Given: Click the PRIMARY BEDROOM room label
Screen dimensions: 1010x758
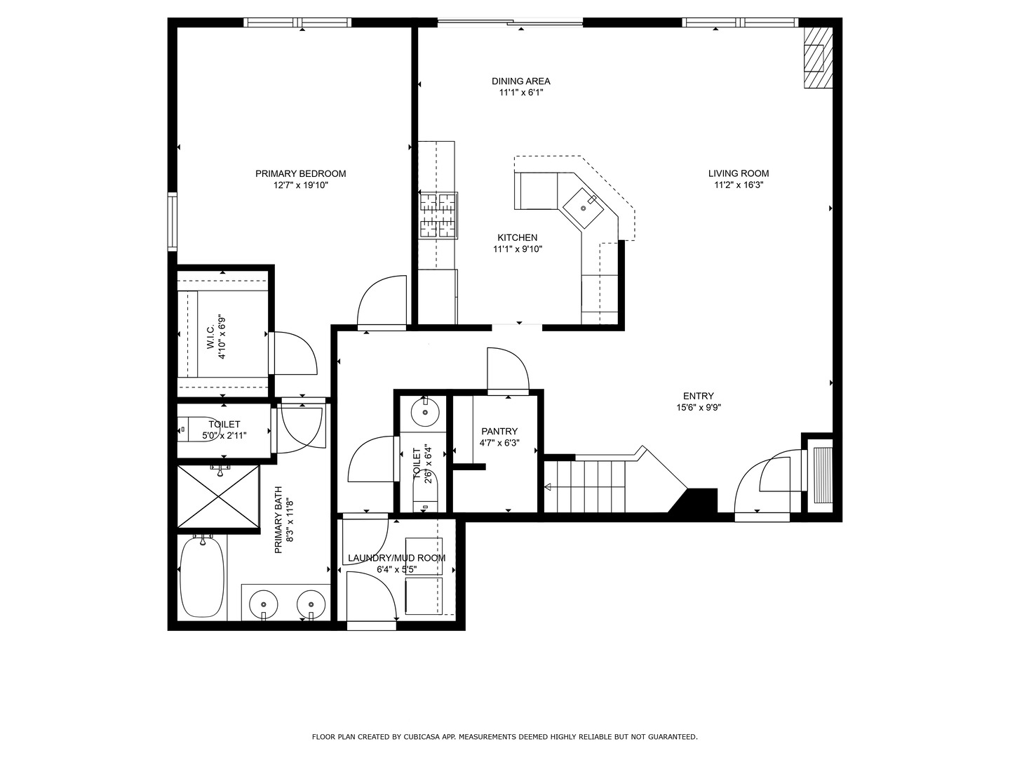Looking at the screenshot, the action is (300, 173).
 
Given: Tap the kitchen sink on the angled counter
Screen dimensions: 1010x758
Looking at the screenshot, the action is (584, 208).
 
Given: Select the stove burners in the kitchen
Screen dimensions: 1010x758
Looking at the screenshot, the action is (438, 215).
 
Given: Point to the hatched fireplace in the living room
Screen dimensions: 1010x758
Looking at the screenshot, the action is (818, 58).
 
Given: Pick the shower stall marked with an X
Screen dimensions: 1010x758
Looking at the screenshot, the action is (218, 496).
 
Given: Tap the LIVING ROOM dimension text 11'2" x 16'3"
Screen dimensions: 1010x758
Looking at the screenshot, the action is (739, 185).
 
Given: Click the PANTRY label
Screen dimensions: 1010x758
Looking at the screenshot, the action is (499, 431).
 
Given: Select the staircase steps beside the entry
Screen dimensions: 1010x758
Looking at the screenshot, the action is (585, 486).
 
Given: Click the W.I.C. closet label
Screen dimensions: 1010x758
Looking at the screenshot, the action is (210, 338).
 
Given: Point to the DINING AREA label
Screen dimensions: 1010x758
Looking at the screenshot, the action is (521, 81).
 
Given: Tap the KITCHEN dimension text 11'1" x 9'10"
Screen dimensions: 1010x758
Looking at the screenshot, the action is (518, 249).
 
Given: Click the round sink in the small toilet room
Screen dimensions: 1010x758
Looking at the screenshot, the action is (425, 412).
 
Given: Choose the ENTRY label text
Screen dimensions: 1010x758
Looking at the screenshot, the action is (698, 396).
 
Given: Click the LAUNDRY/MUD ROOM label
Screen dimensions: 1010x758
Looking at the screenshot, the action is (397, 558).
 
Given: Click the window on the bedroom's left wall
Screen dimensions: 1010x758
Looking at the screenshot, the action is (172, 221).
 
